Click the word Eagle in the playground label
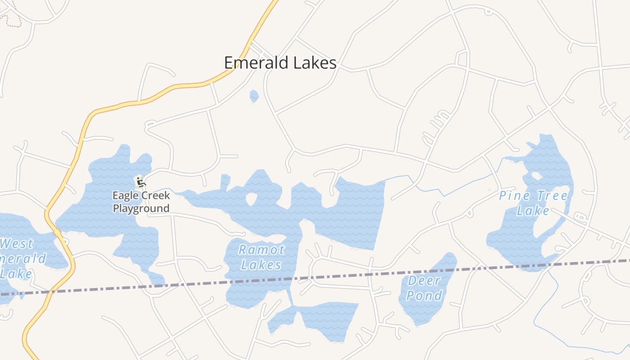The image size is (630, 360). pyautogui.click(x=124, y=196)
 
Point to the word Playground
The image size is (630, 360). pyautogui.click(x=141, y=208)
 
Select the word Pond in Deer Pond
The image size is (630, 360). pyautogui.click(x=425, y=296)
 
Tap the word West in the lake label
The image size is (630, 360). pyautogui.click(x=17, y=244)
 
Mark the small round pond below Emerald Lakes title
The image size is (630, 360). pyautogui.click(x=254, y=96)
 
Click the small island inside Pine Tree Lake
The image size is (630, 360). pyautogui.click(x=536, y=175)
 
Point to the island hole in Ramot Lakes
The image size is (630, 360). pyautogui.click(x=251, y=198)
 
